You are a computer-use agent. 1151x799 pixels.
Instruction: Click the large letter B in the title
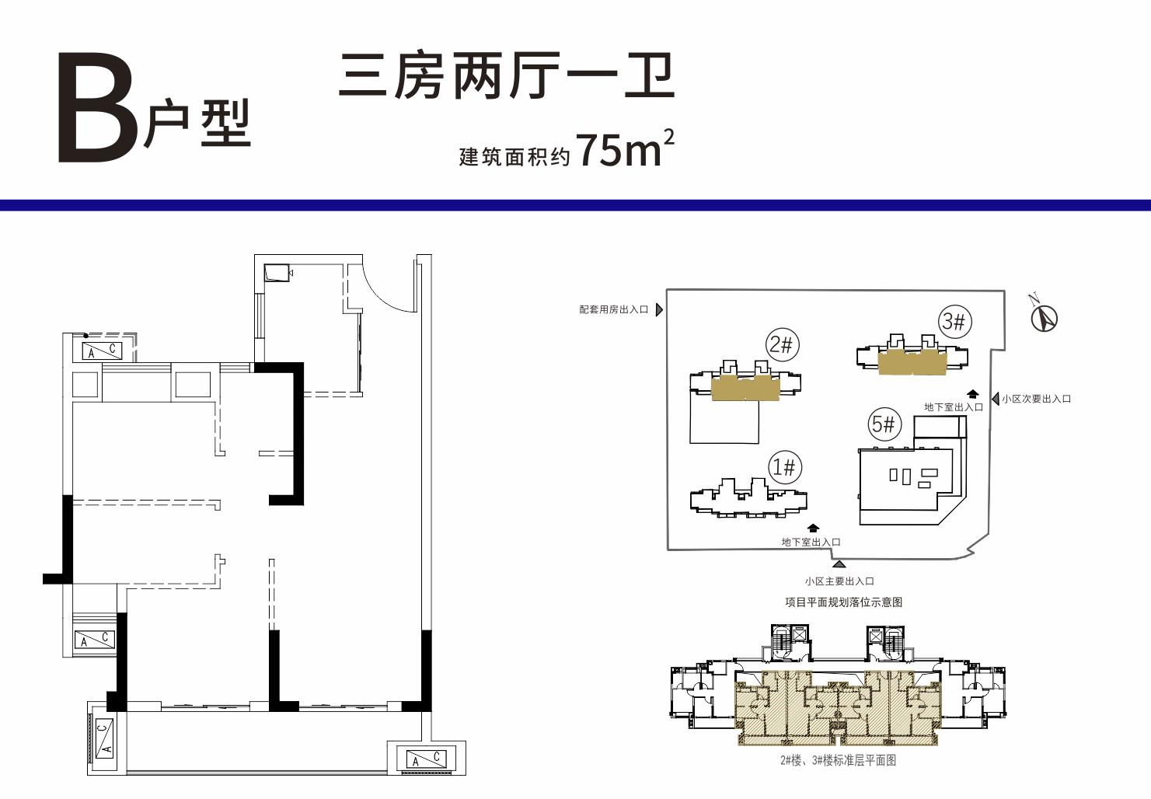[x=98, y=108]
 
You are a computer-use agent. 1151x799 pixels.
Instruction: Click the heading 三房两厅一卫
[x=506, y=76]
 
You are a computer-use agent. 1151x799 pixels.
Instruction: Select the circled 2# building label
[x=782, y=344]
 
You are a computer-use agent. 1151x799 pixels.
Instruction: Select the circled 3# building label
[x=954, y=322]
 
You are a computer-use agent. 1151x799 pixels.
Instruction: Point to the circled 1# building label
[x=785, y=467]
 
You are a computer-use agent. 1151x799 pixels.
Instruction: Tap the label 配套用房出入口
[x=613, y=309]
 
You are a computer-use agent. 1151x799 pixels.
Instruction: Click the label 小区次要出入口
[x=1037, y=399]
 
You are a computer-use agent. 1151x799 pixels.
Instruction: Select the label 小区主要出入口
[x=839, y=581]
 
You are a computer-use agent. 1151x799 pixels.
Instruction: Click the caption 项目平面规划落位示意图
[x=844, y=602]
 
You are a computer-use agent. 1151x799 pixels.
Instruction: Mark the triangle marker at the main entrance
[x=839, y=564]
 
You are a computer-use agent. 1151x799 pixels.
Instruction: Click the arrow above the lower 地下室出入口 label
[x=814, y=528]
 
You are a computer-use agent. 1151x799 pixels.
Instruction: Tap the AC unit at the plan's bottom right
[x=426, y=759]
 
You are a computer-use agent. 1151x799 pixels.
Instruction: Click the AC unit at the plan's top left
[x=103, y=351]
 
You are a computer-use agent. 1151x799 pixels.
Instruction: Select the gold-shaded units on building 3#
[x=912, y=363]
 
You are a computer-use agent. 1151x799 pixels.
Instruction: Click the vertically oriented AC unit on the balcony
[x=104, y=738]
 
